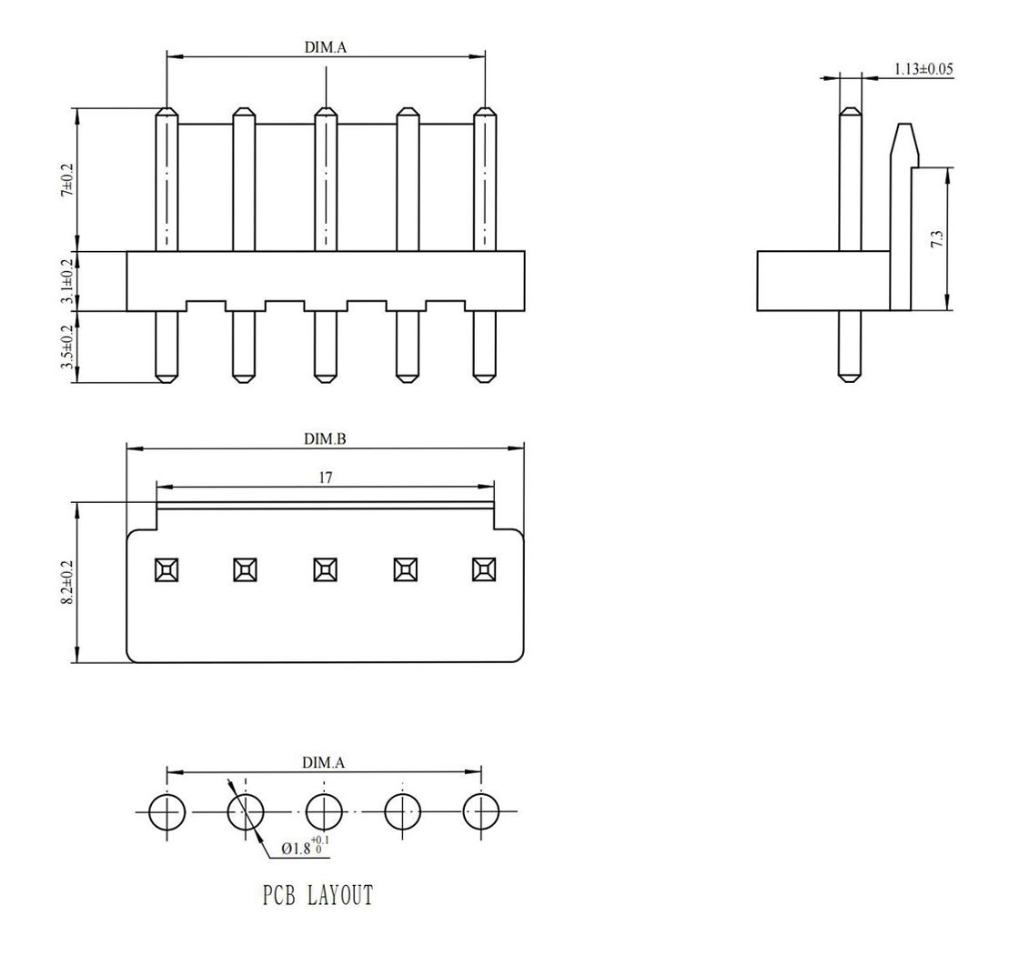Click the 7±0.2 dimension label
68,180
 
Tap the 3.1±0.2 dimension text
67,281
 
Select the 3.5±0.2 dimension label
67,347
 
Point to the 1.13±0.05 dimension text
923,69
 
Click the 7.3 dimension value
936,239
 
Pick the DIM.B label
325,439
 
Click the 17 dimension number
326,478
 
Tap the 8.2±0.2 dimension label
67,583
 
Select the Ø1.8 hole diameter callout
305,847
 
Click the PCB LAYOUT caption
318,895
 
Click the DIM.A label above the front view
326,47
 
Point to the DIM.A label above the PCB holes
323,762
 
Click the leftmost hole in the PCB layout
167,812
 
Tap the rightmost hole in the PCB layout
481,812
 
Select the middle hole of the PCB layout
324,812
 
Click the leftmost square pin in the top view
167,569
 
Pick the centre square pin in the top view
325,569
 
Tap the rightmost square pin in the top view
484,569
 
